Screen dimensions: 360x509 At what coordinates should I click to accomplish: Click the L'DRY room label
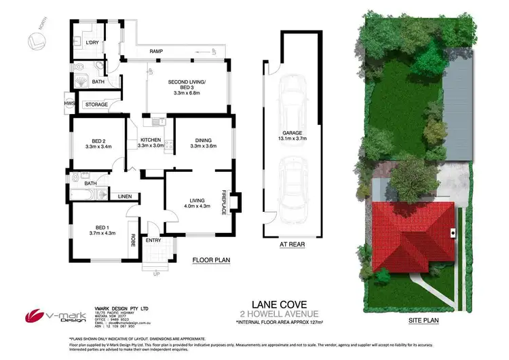click(92, 43)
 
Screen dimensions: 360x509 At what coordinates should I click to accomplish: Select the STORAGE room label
click(95, 105)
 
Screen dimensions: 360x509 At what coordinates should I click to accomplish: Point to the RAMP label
click(156, 52)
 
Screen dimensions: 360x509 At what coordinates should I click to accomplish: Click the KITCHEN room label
click(151, 141)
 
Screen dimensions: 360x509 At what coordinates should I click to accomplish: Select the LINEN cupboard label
click(124, 196)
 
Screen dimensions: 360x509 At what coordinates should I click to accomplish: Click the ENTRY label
click(153, 240)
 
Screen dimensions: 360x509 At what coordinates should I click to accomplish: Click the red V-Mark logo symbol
click(35, 315)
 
